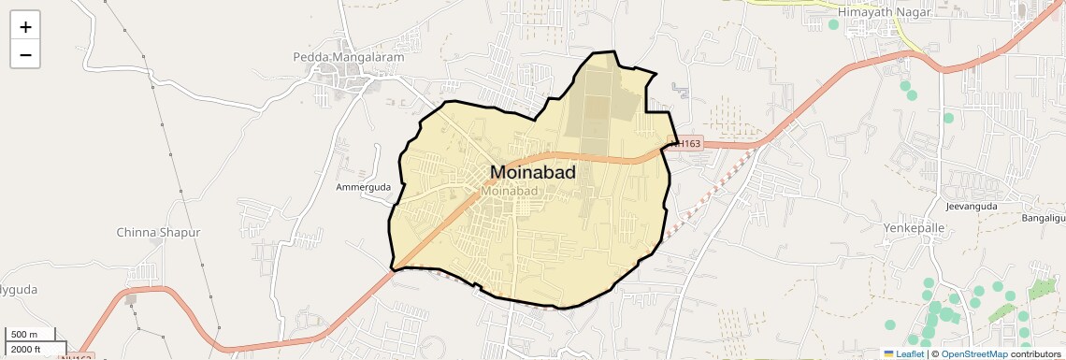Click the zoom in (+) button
point(25,27)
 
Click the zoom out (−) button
point(25,55)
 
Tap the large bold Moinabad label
point(533,173)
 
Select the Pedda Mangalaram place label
point(349,57)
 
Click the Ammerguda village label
point(363,187)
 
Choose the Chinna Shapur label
point(158,232)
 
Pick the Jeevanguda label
point(972,206)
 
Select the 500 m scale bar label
point(25,335)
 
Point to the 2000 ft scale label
point(26,349)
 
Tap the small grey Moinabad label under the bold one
point(510,191)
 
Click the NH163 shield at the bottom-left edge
point(77,356)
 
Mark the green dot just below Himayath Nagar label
point(833,25)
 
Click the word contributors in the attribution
point(1036,353)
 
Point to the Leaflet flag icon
point(889,353)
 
